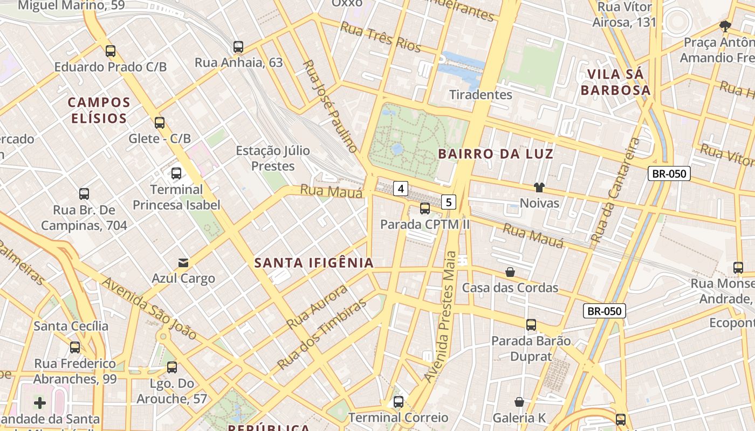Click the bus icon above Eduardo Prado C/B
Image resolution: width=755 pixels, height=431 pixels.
[x=111, y=51]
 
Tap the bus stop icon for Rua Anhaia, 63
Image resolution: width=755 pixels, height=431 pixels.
[x=238, y=47]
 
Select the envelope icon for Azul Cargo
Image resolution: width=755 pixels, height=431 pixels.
[x=183, y=263]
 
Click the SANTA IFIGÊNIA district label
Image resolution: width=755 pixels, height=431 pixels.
[x=314, y=263]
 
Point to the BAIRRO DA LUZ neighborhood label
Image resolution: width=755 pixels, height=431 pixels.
[x=496, y=154]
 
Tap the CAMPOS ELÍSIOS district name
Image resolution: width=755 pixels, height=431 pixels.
[x=99, y=110]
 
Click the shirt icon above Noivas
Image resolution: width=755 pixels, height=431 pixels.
[x=539, y=187]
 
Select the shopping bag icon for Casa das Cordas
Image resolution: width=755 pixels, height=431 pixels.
[x=510, y=272]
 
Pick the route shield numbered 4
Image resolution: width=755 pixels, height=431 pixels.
[x=401, y=189]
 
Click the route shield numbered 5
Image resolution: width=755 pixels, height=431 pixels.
[x=449, y=202]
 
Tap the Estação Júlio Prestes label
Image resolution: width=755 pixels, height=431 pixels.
[x=273, y=158]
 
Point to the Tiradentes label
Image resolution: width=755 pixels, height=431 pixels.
[x=481, y=95]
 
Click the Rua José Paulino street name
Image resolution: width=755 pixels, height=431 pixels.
[x=330, y=106]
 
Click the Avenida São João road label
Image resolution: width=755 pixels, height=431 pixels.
[x=149, y=309]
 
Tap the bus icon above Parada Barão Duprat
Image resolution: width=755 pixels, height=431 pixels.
[x=531, y=325]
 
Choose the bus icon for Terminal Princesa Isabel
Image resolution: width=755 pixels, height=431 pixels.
[x=176, y=173]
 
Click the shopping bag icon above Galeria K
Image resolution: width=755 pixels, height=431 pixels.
[x=519, y=402]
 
